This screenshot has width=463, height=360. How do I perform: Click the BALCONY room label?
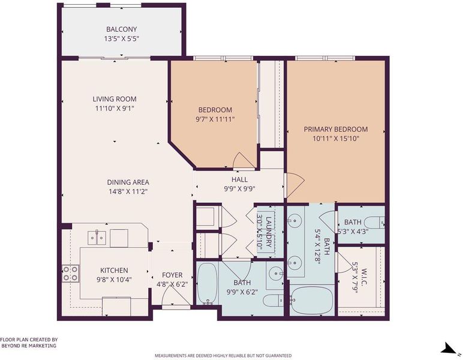pos(121,29)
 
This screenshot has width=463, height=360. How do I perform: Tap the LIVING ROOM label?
pos(115,99)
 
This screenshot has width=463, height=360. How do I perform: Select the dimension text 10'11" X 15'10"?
pos(336,139)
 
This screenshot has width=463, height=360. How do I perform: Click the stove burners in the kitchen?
pos(71,273)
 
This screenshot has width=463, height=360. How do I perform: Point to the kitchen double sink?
pos(97,238)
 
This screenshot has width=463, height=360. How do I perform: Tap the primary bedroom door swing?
pos(294,185)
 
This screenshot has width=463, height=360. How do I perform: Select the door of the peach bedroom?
pos(243,161)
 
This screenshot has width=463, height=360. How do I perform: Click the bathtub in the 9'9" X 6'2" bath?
pos(208,284)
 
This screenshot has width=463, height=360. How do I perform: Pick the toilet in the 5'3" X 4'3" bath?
pos(374,223)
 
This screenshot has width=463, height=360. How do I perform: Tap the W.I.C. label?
pos(364,277)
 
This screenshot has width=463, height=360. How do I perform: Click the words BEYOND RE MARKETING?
pos(29,346)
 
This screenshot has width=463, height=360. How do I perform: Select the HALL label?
pos(239,179)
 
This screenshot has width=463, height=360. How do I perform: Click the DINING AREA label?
pos(128,182)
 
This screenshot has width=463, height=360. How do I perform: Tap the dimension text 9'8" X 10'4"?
pos(114,280)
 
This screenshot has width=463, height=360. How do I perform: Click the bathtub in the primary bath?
pos(312,301)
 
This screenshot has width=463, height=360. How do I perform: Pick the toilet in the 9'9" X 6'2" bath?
pos(273,301)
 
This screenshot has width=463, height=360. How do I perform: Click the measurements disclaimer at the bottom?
pos(223,355)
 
